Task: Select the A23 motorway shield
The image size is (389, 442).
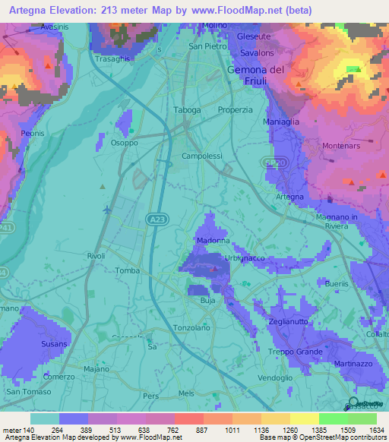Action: coord(155,219)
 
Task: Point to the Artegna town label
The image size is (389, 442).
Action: coord(289,197)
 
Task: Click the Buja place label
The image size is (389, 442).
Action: coord(207,302)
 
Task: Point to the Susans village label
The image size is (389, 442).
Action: coord(55,344)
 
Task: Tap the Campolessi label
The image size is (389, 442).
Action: coord(201,156)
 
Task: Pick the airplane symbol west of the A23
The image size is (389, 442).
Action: coord(106,210)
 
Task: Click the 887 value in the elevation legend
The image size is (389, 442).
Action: coord(201,431)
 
